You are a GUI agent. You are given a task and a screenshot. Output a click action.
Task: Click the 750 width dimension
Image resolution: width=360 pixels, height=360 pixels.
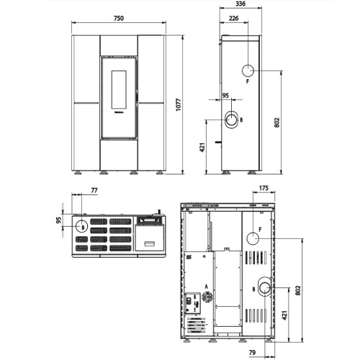119,18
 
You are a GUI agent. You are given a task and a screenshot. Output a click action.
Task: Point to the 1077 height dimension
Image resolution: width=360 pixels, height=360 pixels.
179,104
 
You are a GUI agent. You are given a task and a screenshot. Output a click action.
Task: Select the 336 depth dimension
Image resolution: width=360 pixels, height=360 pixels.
240,4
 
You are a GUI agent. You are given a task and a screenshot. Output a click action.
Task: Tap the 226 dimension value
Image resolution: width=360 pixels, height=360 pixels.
234,18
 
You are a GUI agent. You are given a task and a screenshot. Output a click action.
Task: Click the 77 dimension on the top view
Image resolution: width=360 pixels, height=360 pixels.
94,190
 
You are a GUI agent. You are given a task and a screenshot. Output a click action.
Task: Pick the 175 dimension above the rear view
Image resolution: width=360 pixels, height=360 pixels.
264,188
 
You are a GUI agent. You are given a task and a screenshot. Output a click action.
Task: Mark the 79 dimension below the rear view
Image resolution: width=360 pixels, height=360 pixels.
252,353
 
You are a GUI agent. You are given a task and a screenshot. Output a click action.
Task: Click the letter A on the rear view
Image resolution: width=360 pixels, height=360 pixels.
206,287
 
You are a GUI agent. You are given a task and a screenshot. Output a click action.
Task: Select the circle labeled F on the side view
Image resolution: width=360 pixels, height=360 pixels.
248,71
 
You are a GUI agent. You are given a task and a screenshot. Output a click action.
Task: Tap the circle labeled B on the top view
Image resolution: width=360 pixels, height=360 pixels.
82,226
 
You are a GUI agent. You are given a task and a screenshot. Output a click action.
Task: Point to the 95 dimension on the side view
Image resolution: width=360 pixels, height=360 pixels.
225,96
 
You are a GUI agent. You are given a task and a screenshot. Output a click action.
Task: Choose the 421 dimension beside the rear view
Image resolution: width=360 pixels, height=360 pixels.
284,315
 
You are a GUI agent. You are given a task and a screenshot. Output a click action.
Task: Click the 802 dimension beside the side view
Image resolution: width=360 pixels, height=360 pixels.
277,122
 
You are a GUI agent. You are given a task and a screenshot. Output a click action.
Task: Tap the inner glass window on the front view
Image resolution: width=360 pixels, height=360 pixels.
119,89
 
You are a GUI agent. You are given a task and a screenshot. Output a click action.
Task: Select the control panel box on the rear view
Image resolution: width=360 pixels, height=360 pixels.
193,303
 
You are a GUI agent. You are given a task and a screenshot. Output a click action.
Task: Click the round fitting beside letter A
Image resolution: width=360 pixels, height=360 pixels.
207,297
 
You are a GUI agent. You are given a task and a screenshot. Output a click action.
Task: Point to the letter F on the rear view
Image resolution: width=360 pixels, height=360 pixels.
260,230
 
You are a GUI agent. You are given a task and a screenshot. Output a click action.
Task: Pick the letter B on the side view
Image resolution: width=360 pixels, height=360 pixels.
241,120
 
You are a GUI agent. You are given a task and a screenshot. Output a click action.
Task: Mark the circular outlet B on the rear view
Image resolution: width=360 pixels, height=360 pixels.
264,287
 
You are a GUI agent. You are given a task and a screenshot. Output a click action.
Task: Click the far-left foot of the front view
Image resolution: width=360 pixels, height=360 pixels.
78,173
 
